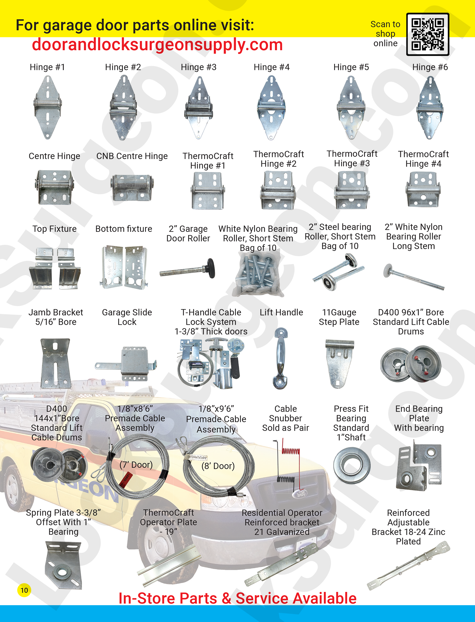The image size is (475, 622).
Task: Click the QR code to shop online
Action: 427,34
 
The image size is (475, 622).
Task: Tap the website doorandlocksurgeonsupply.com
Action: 157,45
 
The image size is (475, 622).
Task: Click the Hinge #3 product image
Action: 199,108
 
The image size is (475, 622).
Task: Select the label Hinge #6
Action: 430,67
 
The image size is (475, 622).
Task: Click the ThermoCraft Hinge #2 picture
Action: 278,190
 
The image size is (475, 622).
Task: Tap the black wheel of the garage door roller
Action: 211,268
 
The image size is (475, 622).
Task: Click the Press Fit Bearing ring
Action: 351,465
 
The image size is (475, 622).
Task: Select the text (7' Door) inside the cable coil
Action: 136,465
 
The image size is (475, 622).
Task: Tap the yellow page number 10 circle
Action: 24,590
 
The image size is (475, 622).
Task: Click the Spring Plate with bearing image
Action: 64,565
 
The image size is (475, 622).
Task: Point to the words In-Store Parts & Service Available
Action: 237,598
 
